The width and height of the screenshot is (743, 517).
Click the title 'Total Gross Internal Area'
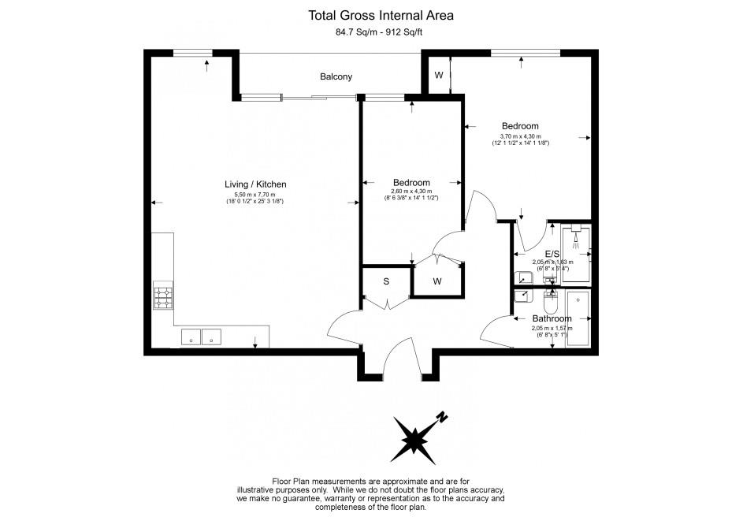pyautogui.click(x=371, y=15)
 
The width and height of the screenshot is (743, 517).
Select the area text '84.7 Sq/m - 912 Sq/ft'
pyautogui.click(x=371, y=33)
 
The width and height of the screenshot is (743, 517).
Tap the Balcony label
pyautogui.click(x=336, y=76)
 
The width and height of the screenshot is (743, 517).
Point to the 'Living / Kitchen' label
pyautogui.click(x=255, y=184)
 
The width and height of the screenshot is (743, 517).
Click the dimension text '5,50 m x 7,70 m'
pyautogui.click(x=255, y=195)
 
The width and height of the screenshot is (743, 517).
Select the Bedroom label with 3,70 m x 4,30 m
pyautogui.click(x=520, y=126)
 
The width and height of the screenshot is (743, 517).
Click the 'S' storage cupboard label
pyautogui.click(x=386, y=281)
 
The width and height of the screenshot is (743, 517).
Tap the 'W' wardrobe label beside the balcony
pyautogui.click(x=439, y=76)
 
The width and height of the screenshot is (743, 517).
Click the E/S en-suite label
pyautogui.click(x=552, y=254)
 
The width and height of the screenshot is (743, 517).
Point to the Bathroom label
pyautogui.click(x=552, y=318)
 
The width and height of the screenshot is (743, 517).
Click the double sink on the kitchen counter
pyautogui.click(x=202, y=337)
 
